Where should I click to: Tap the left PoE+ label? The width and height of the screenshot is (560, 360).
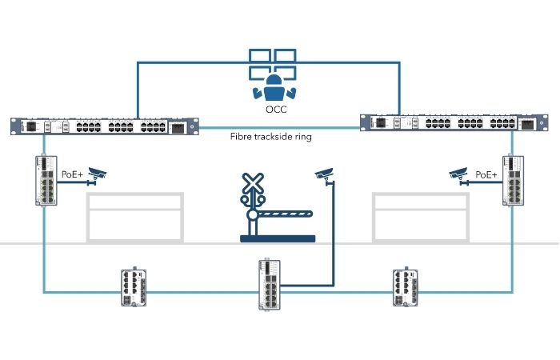[72, 173]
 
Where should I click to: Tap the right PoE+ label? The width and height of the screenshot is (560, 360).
[486, 173]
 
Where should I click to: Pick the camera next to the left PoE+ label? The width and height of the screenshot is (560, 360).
[98, 173]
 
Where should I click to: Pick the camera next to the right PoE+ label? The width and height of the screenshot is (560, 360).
[458, 173]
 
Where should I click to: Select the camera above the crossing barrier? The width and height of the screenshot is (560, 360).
[323, 174]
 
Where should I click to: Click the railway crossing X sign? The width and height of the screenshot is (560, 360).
[254, 185]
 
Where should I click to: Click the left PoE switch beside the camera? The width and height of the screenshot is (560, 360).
[45, 182]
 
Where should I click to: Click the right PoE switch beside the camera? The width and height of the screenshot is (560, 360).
[512, 182]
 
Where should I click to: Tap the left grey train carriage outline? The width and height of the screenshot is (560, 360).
[134, 216]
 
